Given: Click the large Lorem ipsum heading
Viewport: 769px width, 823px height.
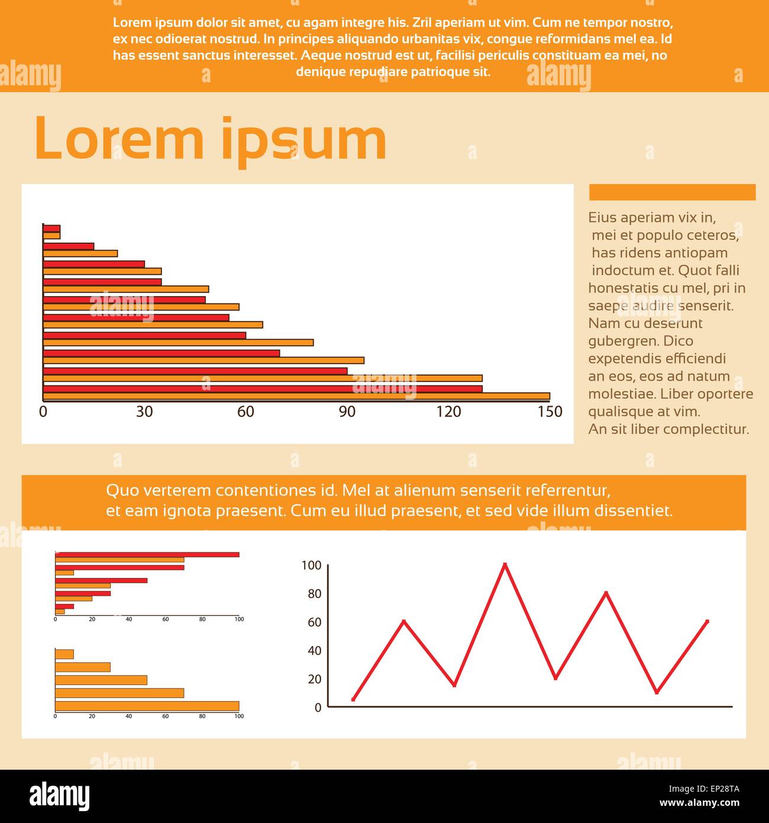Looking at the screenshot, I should pyautogui.click(x=210, y=140).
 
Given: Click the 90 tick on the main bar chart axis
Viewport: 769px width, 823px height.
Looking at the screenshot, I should pyautogui.click(x=347, y=412).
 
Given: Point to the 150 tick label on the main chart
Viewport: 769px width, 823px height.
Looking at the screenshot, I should pyautogui.click(x=550, y=412).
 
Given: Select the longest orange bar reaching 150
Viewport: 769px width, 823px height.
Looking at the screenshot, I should pyautogui.click(x=296, y=397).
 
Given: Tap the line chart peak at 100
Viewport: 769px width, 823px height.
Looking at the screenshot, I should pyautogui.click(x=505, y=564).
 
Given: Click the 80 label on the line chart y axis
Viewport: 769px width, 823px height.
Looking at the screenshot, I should pyautogui.click(x=314, y=594).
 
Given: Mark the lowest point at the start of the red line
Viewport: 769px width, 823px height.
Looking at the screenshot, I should pyautogui.click(x=353, y=699).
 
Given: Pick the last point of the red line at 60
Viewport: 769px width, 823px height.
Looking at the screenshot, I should pyautogui.click(x=707, y=622).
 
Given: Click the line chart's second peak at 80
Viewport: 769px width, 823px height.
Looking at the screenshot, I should pyautogui.click(x=606, y=593).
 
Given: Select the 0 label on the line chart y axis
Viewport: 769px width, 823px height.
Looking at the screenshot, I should pyautogui.click(x=318, y=708).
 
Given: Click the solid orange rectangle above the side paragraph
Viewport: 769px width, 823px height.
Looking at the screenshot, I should pyautogui.click(x=672, y=192).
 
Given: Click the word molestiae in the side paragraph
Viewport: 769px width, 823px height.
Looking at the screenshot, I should pyautogui.click(x=621, y=394).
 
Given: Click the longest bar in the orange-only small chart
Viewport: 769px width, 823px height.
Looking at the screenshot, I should pyautogui.click(x=147, y=706).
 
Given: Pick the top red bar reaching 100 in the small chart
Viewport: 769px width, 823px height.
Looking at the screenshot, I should pyautogui.click(x=147, y=555).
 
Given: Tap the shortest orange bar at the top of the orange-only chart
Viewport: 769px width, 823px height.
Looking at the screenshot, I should pyautogui.click(x=64, y=654).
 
